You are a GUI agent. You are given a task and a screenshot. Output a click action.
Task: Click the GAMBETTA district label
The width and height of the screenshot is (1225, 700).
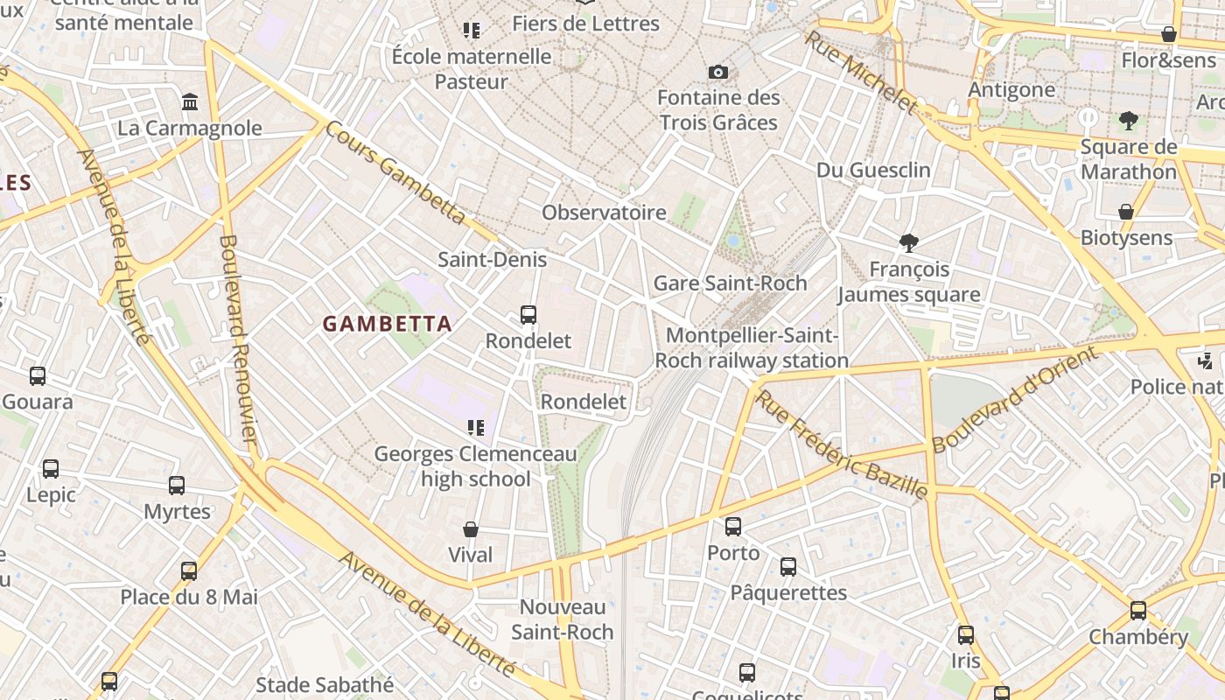pyautogui.click(x=388, y=324)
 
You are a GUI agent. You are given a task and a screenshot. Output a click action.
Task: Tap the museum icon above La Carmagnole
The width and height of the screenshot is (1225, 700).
pyautogui.click(x=190, y=102)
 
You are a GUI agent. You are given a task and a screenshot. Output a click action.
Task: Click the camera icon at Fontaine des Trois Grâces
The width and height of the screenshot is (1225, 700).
pyautogui.click(x=718, y=72)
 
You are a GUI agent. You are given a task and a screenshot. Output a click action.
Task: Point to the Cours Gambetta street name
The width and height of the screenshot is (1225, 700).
pyautogui.click(x=395, y=172)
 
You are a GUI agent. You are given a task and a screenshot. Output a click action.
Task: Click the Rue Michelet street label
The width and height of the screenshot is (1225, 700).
pyautogui.click(x=861, y=72)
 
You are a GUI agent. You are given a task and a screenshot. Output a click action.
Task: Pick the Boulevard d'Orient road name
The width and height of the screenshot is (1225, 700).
pyautogui.click(x=1014, y=401)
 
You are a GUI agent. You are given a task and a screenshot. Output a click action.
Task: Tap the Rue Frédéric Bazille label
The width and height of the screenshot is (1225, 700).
pyautogui.click(x=841, y=445)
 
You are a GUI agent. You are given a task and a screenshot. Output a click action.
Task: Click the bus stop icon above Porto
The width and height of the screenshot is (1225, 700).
pyautogui.click(x=733, y=527)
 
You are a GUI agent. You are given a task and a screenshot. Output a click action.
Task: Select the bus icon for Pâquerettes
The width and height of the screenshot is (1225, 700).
pyautogui.click(x=788, y=567)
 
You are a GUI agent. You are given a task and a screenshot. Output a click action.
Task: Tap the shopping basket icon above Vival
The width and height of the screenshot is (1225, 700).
pyautogui.click(x=471, y=529)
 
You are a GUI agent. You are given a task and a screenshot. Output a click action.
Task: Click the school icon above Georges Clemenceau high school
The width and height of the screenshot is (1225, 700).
pyautogui.click(x=475, y=428)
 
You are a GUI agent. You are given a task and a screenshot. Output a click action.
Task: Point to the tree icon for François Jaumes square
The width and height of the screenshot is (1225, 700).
pyautogui.click(x=909, y=243)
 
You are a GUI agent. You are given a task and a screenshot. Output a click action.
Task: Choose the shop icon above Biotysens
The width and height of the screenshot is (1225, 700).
pyautogui.click(x=1126, y=212)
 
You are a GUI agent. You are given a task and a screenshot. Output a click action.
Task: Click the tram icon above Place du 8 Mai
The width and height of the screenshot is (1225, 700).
pyautogui.click(x=189, y=571)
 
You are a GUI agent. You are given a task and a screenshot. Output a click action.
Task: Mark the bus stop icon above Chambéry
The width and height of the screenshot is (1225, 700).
pyautogui.click(x=1137, y=611)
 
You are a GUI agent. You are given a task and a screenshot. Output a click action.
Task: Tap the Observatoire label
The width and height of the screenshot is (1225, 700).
pyautogui.click(x=604, y=213)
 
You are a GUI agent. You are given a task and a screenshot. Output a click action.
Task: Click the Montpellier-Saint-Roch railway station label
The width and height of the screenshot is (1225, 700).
pyautogui.click(x=752, y=348)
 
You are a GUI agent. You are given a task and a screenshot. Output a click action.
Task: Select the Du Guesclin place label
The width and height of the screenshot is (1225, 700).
pyautogui.click(x=873, y=170)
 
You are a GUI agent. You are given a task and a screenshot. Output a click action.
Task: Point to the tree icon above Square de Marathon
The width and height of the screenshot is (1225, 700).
pyautogui.click(x=1129, y=121)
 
